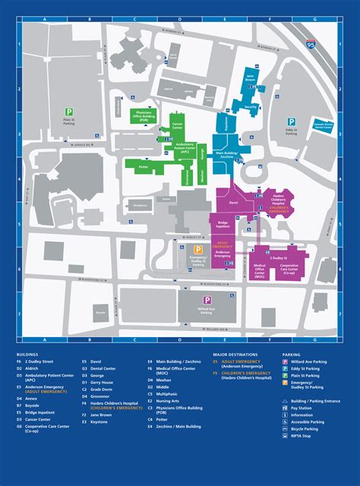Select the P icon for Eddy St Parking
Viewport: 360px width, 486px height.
(291, 121)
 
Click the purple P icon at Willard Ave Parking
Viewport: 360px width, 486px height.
(207, 301)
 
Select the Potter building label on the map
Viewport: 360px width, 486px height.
(143, 166)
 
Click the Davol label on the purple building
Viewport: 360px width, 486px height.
(234, 203)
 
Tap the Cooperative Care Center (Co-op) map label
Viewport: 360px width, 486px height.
(289, 268)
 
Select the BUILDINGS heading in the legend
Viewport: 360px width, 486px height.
(29, 355)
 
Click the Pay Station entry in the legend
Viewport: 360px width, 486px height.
(302, 408)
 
